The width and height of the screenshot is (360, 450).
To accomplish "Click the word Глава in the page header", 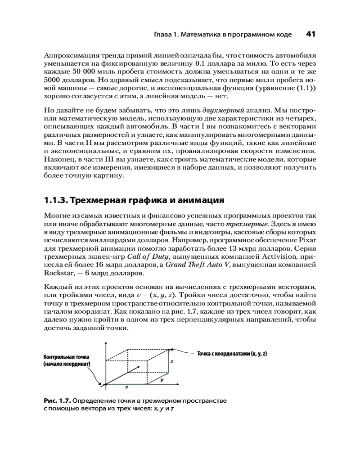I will click(x=163, y=34).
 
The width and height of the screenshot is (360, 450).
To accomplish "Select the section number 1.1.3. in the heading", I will click(x=56, y=200).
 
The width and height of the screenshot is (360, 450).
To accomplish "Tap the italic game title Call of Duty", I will click(x=147, y=257).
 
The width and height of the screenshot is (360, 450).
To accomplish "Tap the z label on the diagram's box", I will click(x=171, y=361).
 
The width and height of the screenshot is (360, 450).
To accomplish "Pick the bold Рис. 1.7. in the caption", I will click(x=57, y=400).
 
